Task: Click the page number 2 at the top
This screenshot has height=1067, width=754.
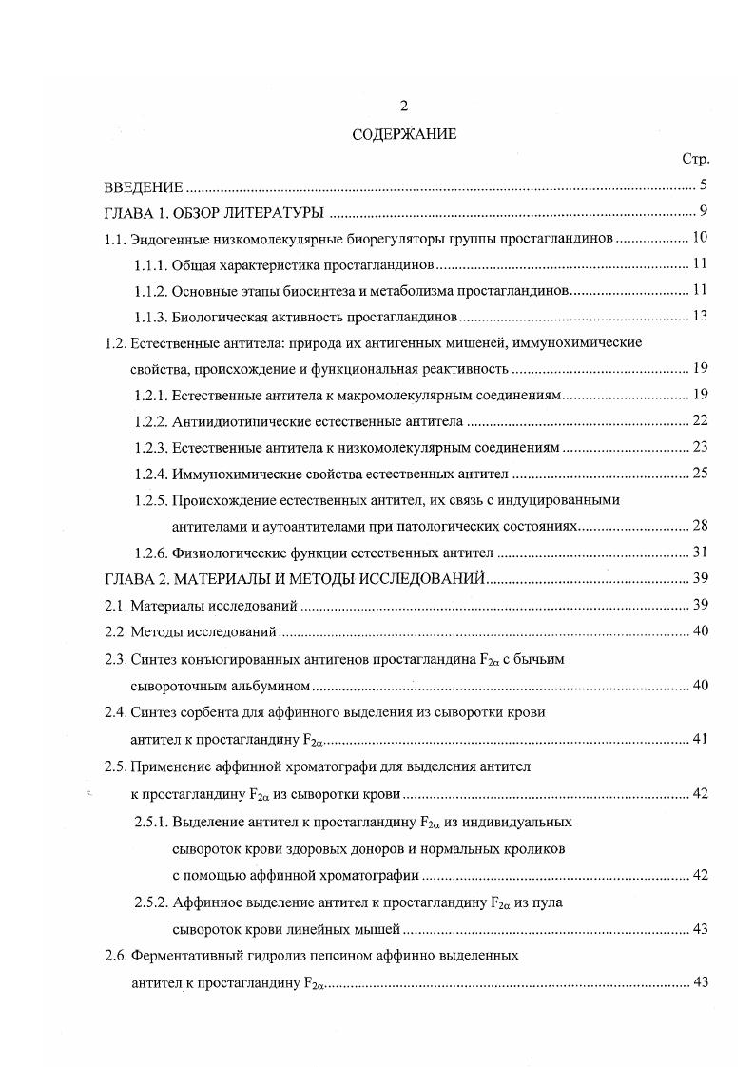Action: [x=403, y=106]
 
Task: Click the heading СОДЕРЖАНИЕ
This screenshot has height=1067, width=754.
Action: [x=403, y=134]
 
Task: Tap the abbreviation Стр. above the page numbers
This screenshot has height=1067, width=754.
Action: [x=696, y=160]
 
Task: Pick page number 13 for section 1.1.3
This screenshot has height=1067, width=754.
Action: [x=699, y=316]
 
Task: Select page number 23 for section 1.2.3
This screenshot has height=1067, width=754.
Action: [x=699, y=446]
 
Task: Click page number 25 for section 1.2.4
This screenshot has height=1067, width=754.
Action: [x=699, y=473]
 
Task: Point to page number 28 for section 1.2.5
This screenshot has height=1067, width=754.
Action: [x=699, y=525]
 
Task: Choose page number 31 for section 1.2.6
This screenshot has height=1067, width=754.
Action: [x=699, y=552]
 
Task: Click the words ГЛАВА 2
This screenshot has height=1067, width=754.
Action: [x=132, y=577]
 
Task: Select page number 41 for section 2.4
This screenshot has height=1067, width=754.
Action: [x=699, y=738]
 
